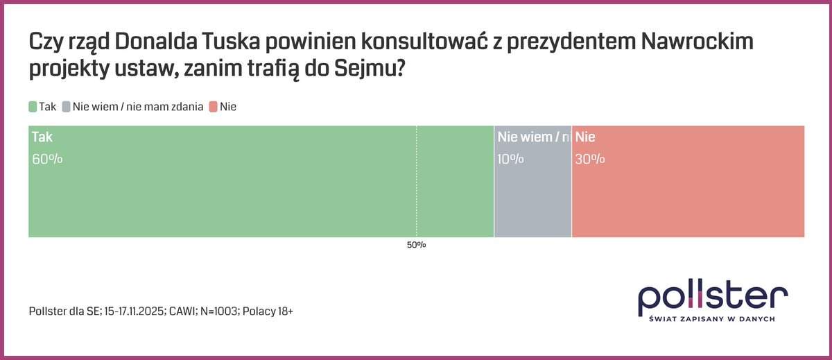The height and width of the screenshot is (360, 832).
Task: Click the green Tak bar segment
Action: [x=260, y=194]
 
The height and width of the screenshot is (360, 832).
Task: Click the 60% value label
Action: [x=47, y=159]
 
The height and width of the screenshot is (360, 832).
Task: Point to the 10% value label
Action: [x=510, y=159]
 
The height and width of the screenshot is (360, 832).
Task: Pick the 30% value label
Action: [x=590, y=159]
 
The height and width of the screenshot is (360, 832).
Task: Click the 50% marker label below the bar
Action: [x=416, y=246]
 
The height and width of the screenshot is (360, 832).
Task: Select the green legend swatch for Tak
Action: [x=33, y=107]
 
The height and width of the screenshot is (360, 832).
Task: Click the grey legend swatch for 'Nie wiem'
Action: [x=67, y=107]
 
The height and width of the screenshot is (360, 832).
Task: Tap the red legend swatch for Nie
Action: [x=214, y=107]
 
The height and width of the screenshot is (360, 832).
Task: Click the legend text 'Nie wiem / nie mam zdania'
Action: [x=138, y=107]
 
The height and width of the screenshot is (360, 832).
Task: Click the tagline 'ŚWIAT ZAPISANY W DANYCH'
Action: [x=713, y=319]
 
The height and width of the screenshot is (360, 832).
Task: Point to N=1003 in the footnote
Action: [x=216, y=312]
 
